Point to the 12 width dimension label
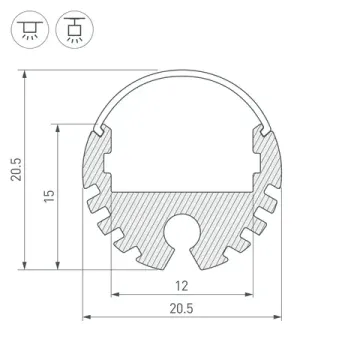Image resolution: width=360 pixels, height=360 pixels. (x=181, y=285)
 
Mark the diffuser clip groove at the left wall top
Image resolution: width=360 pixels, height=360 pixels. (x=96, y=129)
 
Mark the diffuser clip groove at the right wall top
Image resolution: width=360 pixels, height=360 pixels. (x=266, y=129)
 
